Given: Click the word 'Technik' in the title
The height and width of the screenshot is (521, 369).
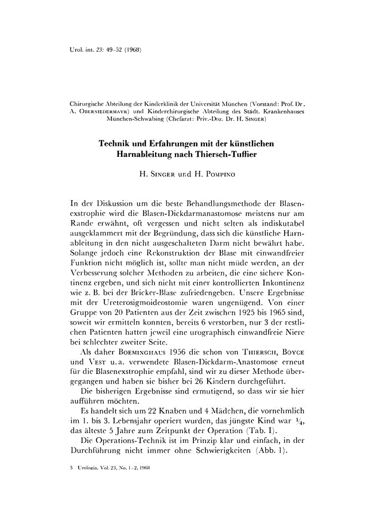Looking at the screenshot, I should point(117,144).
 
